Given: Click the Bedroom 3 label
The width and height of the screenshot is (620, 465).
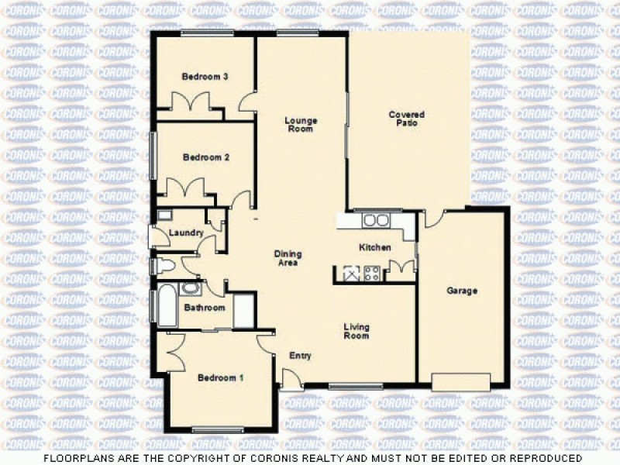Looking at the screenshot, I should pos(205,77).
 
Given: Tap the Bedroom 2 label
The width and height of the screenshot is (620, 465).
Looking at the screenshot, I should pos(206,157).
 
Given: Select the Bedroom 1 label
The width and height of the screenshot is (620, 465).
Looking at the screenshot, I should pos(221,378).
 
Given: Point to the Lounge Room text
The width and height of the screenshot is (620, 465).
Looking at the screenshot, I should pos(301,125).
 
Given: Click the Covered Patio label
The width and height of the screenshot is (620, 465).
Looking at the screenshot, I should pos(407,119).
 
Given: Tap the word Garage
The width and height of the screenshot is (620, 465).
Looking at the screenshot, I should pos(462,291).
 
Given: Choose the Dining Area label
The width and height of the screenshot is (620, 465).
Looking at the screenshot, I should pos(288,258).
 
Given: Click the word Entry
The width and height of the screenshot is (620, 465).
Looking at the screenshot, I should pos(300,356).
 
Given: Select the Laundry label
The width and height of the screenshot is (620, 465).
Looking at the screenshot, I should pos(185,232).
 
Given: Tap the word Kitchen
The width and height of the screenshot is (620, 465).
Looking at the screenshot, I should pos(374,248).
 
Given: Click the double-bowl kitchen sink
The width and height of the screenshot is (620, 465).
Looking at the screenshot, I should pos(377,220).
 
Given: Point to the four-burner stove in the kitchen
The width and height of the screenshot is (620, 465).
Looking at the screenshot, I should pos(371,273).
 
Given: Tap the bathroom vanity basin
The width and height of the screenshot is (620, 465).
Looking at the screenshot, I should pos(190,289).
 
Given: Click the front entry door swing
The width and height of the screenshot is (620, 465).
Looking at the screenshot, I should pos(291,378).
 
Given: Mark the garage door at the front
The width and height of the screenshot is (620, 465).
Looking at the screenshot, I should pos(461,381).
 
